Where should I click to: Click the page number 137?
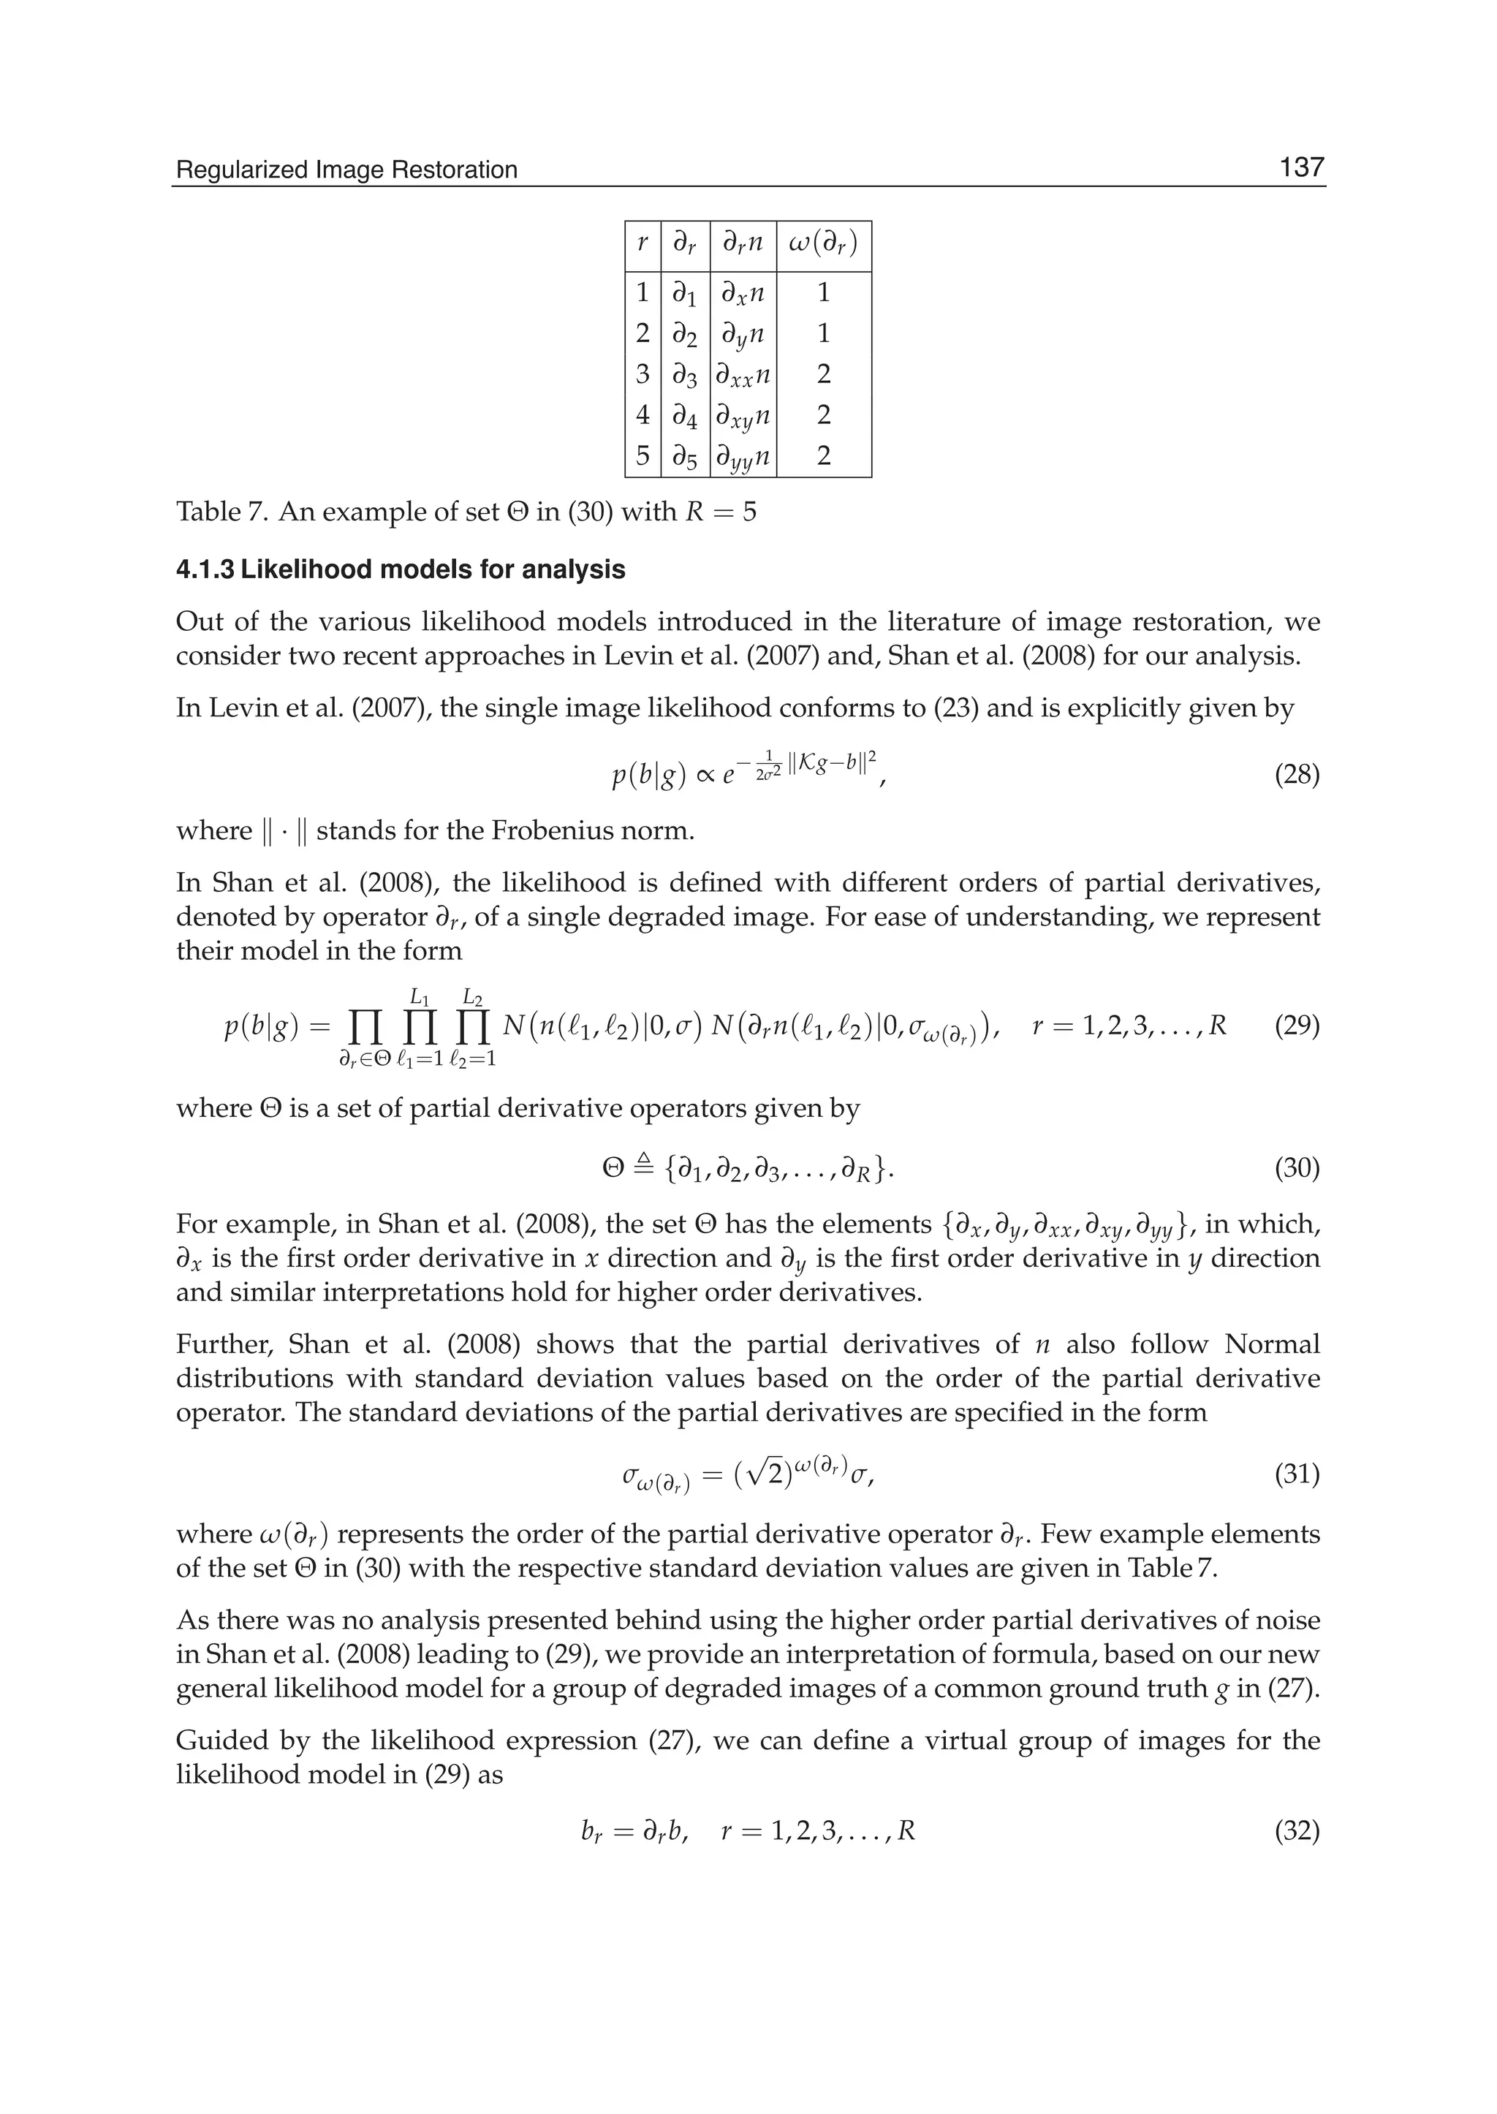[x=1300, y=168]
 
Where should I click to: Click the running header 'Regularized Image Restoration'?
[x=346, y=170]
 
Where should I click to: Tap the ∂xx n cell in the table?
[x=743, y=375]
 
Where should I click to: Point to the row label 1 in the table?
[x=643, y=293]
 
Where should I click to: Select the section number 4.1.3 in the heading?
[x=204, y=569]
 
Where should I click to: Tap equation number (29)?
[x=1296, y=1026]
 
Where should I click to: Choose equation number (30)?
[x=1296, y=1169]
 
